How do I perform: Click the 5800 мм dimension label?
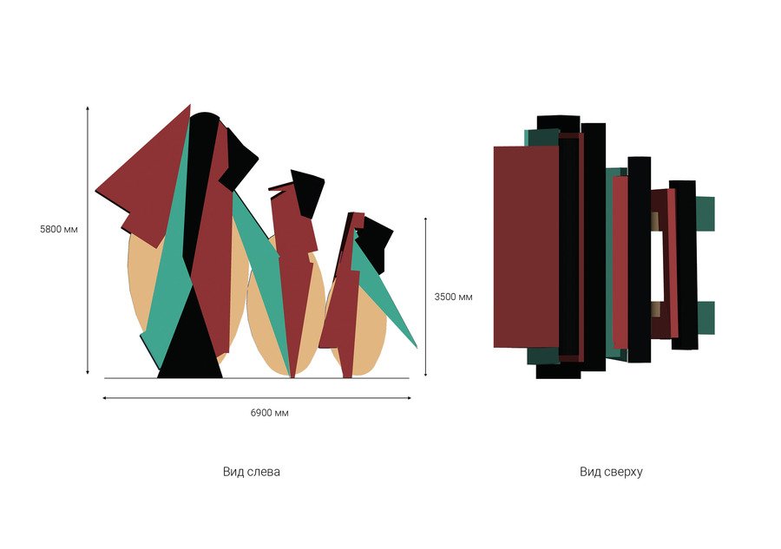[x=59, y=230]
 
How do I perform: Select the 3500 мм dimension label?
[x=453, y=297]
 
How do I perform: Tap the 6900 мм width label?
[x=270, y=413]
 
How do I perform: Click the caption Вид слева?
[x=252, y=471]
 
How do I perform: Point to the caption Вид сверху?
[x=611, y=472]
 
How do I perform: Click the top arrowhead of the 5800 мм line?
[x=88, y=108]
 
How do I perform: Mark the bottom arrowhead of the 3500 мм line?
[x=425, y=373]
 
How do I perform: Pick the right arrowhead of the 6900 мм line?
[x=409, y=398]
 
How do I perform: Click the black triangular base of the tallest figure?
[x=190, y=338]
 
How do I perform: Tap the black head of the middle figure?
[x=308, y=192]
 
